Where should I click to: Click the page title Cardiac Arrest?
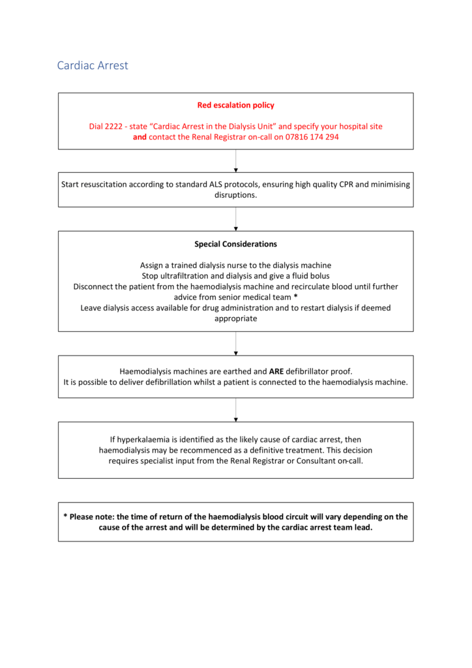(93, 65)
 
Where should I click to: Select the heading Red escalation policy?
(235, 105)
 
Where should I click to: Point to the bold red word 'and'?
(140, 138)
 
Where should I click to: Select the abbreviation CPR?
(333, 185)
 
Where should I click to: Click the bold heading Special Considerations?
(235, 244)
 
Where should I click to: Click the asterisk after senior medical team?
(295, 297)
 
